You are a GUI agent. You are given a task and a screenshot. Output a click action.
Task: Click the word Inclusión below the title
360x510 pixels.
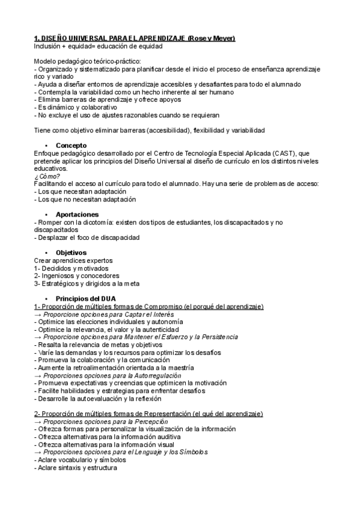(49, 46)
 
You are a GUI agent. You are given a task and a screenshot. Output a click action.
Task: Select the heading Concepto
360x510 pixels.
(71, 146)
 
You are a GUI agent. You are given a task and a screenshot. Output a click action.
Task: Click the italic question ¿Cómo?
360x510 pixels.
(47, 176)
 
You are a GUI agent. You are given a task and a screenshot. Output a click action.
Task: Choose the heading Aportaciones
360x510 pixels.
(77, 214)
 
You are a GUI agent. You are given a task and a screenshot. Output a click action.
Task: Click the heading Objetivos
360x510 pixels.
(71, 253)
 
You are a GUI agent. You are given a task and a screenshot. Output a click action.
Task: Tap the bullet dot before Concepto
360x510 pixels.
(46, 146)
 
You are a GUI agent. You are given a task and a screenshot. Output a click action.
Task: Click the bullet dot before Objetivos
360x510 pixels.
(46, 253)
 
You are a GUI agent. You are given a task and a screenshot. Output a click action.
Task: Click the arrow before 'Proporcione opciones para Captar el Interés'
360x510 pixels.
(38, 314)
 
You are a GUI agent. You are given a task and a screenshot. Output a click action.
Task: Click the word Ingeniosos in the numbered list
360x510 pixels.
(58, 275)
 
